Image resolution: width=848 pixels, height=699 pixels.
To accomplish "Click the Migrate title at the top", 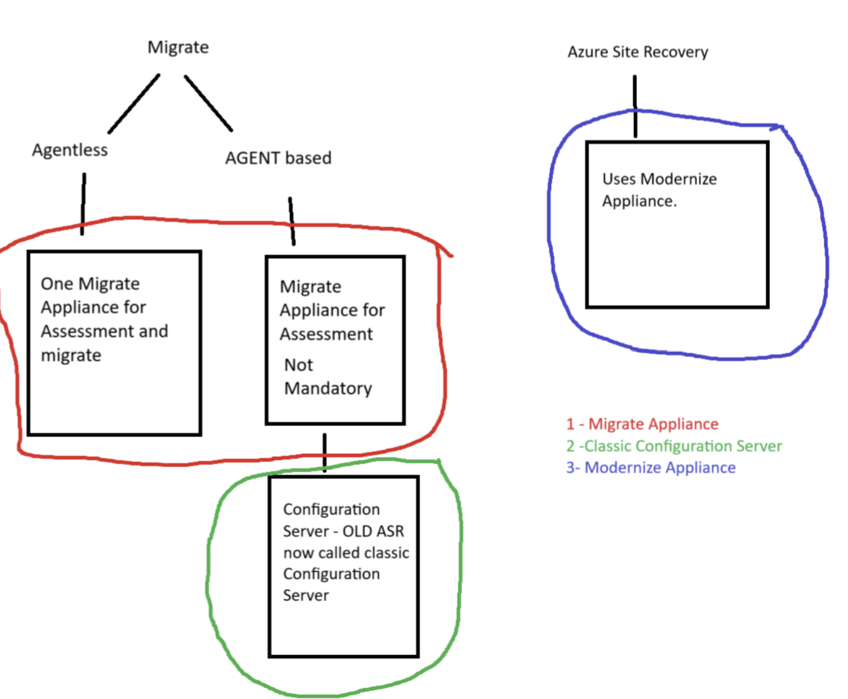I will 178,47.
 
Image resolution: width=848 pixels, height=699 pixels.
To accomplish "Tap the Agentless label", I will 70,150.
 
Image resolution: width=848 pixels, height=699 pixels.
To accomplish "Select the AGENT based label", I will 278,158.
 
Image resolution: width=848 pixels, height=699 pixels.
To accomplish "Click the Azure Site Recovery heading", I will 638,52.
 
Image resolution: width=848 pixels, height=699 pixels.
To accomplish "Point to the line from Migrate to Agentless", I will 134,104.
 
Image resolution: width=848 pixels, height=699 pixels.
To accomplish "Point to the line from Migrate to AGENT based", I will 208,104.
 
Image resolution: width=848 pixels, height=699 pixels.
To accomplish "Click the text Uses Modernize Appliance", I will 659,190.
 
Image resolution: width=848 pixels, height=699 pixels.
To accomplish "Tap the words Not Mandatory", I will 328,377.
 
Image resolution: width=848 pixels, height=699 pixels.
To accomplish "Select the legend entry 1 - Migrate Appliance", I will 642,424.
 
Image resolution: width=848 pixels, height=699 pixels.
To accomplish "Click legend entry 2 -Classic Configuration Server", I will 674,446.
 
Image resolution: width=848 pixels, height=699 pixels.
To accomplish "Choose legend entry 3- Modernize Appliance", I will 651,468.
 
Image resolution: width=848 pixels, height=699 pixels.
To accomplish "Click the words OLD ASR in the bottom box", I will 373,531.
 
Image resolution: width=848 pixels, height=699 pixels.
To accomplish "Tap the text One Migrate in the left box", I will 90,284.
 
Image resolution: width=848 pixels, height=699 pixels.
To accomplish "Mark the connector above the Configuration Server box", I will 325,452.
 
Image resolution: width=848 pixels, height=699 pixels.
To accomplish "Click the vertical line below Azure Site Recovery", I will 635,106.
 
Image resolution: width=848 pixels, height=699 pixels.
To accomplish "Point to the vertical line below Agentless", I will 83,204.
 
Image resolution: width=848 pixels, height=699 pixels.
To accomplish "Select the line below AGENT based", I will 292,221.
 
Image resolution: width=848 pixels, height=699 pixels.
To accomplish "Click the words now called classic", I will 346,553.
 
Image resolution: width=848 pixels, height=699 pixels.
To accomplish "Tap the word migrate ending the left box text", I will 71,356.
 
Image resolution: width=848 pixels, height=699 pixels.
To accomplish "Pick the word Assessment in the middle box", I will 327,334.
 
